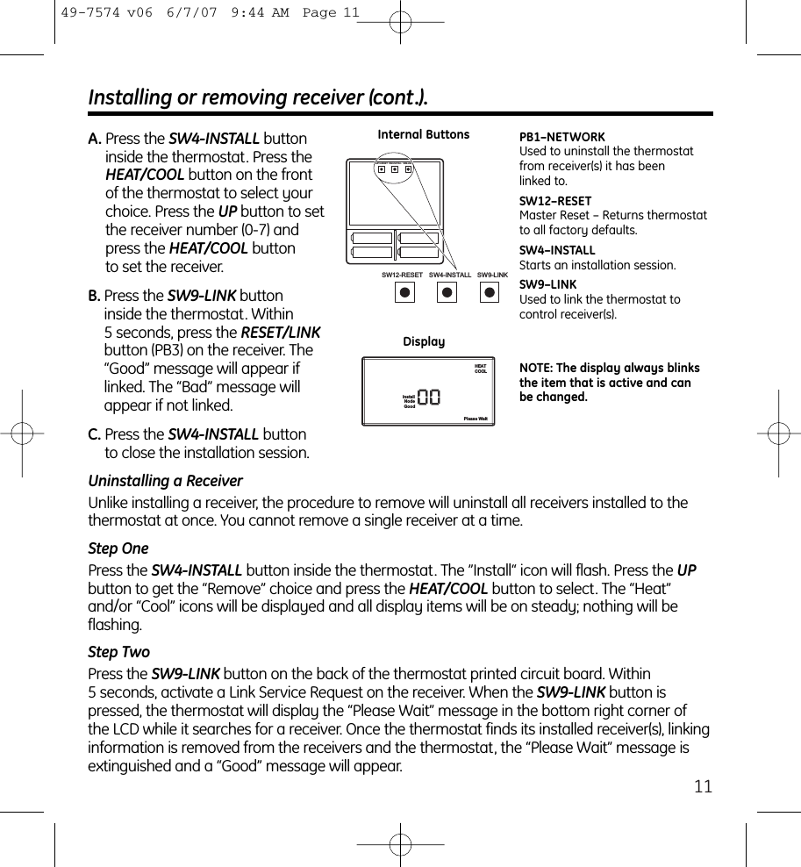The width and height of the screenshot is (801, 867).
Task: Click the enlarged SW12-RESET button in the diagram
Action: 404,293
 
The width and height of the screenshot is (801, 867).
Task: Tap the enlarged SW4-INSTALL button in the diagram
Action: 447,293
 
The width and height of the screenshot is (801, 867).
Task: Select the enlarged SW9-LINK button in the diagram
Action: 490,293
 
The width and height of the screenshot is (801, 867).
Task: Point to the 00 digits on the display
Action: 429,398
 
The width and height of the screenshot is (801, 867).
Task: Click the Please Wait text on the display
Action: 476,419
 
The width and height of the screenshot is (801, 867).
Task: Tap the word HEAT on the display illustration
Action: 481,366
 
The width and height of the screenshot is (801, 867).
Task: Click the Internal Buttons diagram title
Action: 423,134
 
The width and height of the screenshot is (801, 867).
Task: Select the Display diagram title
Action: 424,341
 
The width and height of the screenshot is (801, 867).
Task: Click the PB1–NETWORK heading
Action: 562,137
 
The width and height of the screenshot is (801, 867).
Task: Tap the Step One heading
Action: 118,548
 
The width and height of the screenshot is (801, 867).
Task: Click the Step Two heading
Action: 119,652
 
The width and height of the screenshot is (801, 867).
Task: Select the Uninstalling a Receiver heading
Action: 165,481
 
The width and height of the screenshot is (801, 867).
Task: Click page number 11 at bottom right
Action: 703,786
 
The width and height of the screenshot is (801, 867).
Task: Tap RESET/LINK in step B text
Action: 281,333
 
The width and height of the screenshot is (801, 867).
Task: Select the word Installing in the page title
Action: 131,97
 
